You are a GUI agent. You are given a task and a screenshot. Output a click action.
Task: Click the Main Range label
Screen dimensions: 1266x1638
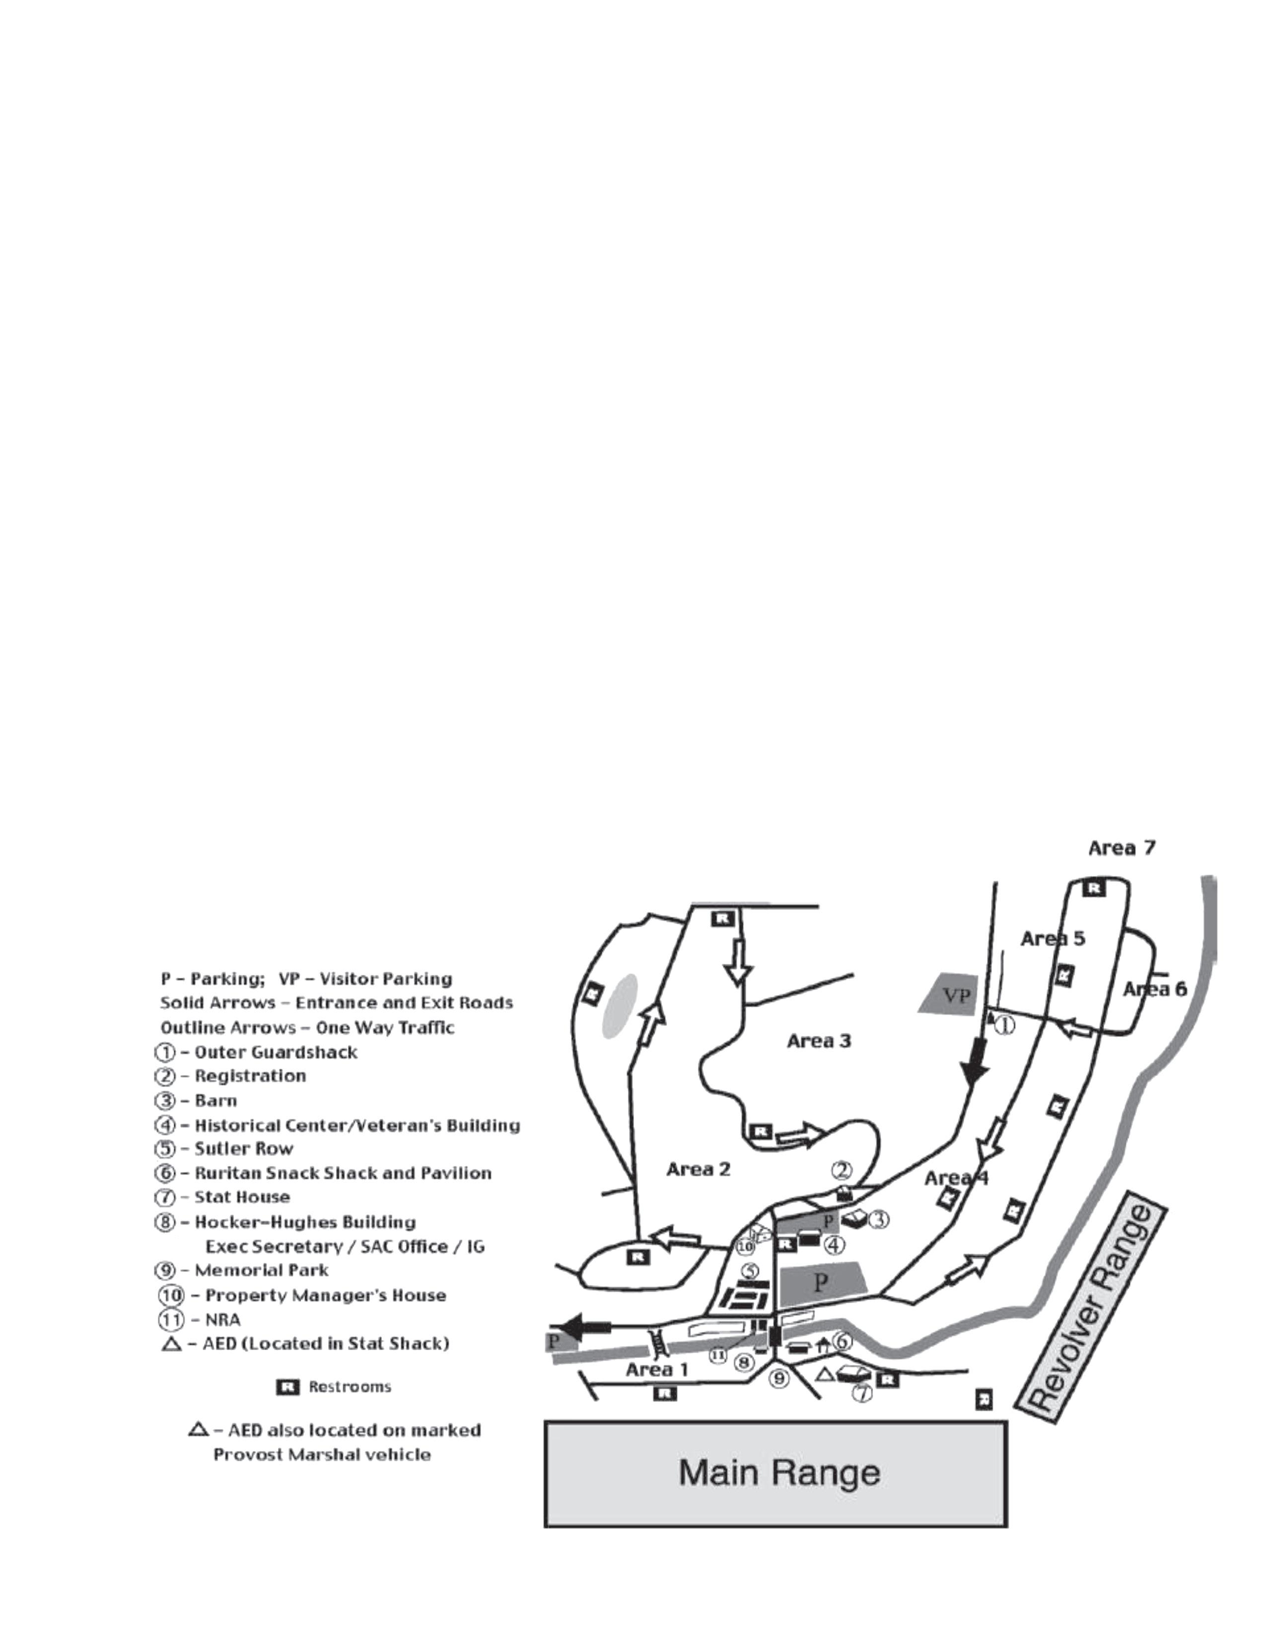click(x=778, y=1473)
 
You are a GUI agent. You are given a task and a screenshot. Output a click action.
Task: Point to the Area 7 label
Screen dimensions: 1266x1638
click(x=1121, y=848)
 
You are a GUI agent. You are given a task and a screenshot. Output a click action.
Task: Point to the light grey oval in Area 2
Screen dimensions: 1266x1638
click(x=620, y=1005)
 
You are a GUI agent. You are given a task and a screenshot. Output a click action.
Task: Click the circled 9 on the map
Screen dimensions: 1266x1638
click(x=779, y=1377)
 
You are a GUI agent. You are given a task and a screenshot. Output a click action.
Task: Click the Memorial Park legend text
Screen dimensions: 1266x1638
click(x=261, y=1270)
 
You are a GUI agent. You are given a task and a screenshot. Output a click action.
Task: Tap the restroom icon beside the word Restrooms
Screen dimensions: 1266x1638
click(x=288, y=1387)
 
